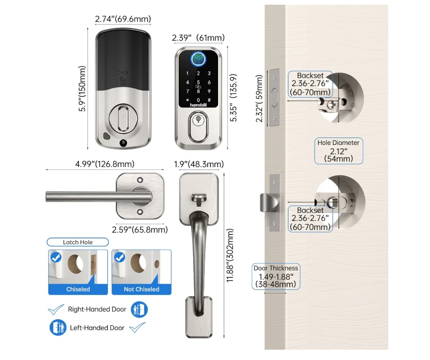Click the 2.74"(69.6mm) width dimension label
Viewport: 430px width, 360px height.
[x=123, y=19]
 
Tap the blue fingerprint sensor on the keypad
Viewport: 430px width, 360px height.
[x=198, y=59]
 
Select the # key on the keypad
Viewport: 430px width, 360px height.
[x=209, y=100]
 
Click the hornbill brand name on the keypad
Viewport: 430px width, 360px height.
[x=198, y=105]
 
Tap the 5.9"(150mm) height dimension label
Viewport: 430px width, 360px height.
[x=82, y=89]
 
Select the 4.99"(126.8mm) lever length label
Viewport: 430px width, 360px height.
[x=105, y=164]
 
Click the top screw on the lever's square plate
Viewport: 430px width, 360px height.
[x=140, y=180]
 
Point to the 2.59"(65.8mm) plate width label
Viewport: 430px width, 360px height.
[x=140, y=230]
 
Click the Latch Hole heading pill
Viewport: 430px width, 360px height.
[x=78, y=242]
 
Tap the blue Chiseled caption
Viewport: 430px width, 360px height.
[x=78, y=289]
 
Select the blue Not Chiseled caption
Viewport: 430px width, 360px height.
[x=142, y=289]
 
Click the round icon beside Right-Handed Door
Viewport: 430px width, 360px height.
[x=139, y=309]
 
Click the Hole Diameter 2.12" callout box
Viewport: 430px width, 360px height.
[x=339, y=151]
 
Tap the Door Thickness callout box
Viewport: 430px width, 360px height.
[x=276, y=276]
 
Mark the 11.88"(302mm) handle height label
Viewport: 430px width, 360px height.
[x=230, y=255]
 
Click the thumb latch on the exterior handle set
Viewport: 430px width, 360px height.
[x=199, y=198]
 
